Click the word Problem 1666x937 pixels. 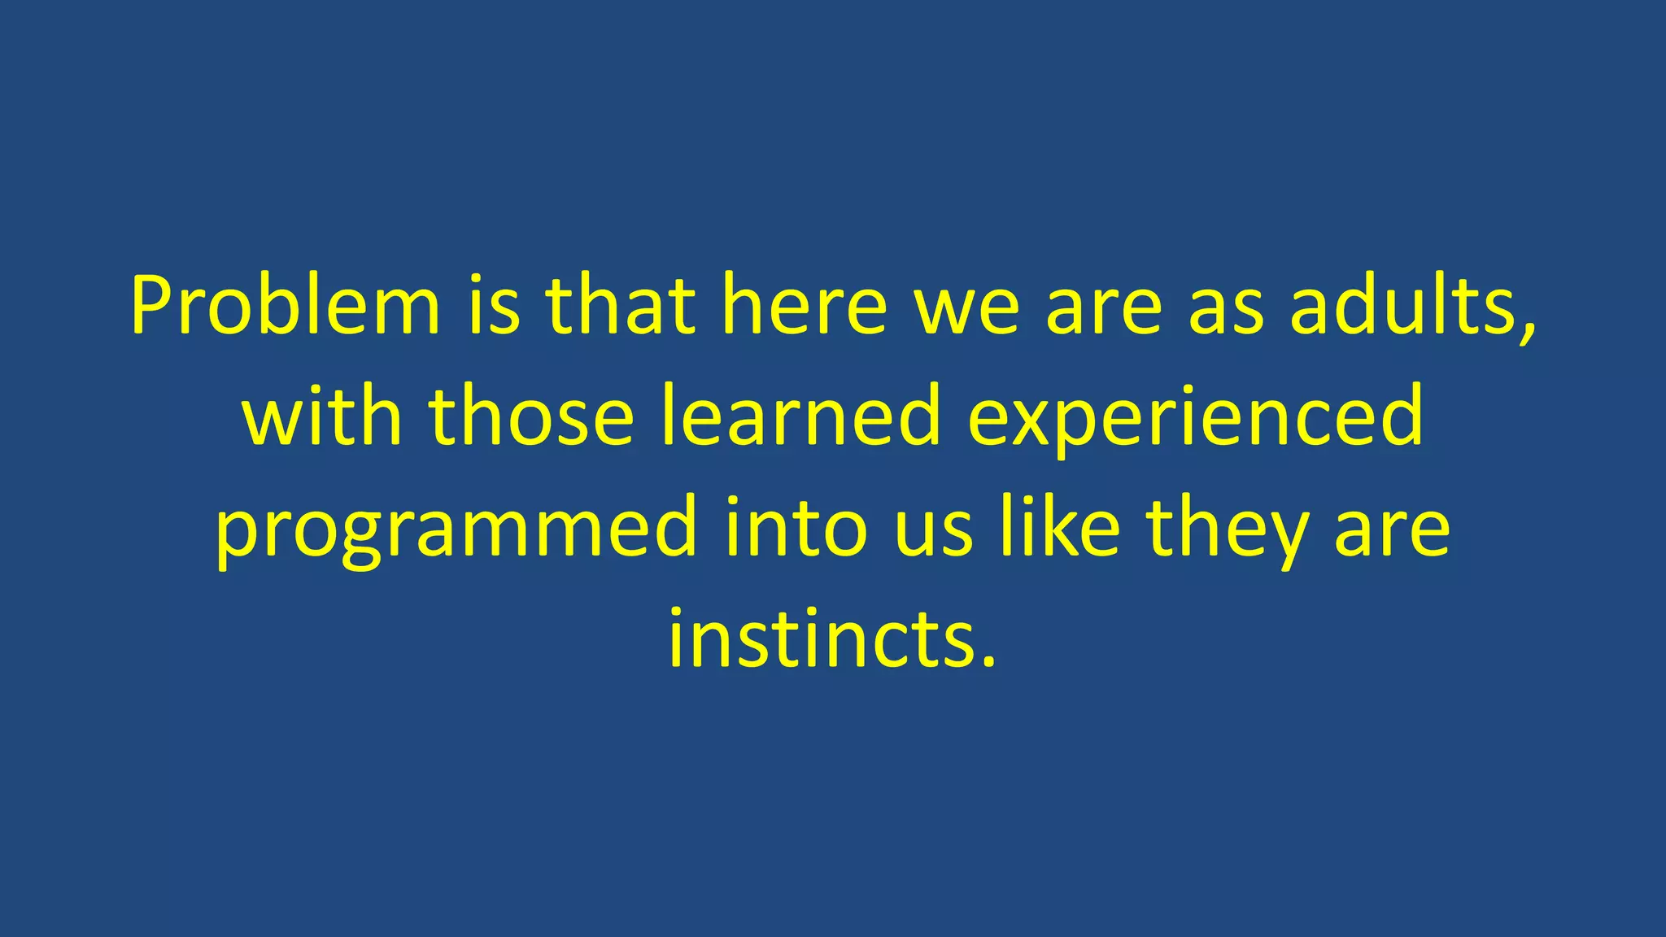[285, 307]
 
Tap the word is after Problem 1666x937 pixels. [493, 307]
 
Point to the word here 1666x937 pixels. [804, 307]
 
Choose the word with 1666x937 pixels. [322, 416]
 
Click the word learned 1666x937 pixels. [800, 416]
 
